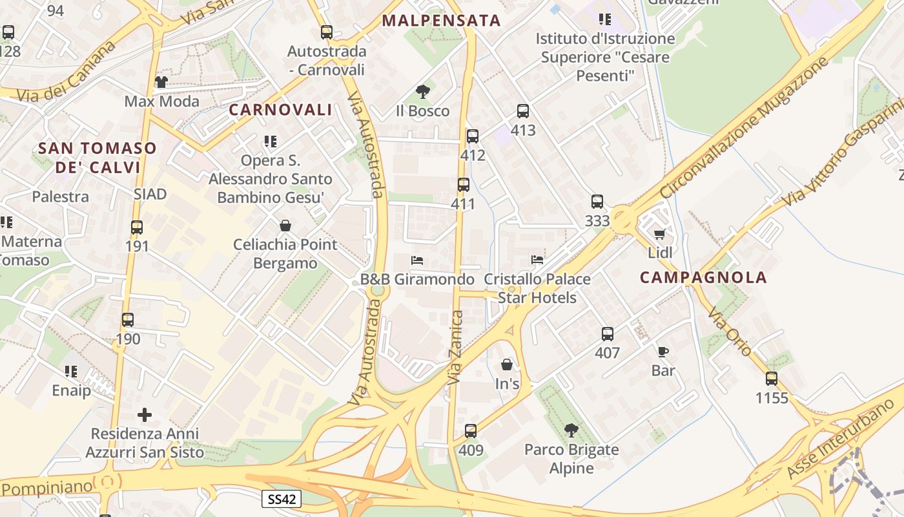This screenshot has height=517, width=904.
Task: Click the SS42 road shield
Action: (x=282, y=498)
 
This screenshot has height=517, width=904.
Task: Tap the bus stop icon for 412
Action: (x=473, y=136)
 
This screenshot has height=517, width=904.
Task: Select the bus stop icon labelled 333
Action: (x=597, y=202)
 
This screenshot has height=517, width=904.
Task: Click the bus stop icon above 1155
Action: (x=772, y=379)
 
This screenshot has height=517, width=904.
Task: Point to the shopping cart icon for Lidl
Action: (x=659, y=234)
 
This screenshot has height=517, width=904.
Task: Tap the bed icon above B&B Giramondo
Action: (x=417, y=260)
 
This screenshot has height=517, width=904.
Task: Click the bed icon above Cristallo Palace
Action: (x=537, y=260)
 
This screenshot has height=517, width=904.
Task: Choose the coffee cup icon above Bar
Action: (x=663, y=352)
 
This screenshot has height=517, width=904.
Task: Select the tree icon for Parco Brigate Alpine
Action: (x=571, y=430)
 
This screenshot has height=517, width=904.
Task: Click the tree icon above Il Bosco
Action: (x=423, y=92)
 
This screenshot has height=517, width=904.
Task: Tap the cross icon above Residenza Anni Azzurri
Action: (x=145, y=414)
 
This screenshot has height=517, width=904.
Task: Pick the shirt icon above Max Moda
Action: (x=161, y=82)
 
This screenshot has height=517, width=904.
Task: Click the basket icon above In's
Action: (x=507, y=364)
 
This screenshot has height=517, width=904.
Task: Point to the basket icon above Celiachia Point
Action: (x=285, y=226)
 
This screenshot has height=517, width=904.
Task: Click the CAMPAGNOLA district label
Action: (x=703, y=278)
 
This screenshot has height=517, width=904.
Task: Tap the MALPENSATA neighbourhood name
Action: (x=441, y=21)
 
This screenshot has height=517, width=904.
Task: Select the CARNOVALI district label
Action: (x=280, y=110)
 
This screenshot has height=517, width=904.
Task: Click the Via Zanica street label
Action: (x=456, y=348)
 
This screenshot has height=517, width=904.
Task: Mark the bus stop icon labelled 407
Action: (x=608, y=334)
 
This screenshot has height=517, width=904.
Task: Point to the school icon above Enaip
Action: (x=71, y=372)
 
